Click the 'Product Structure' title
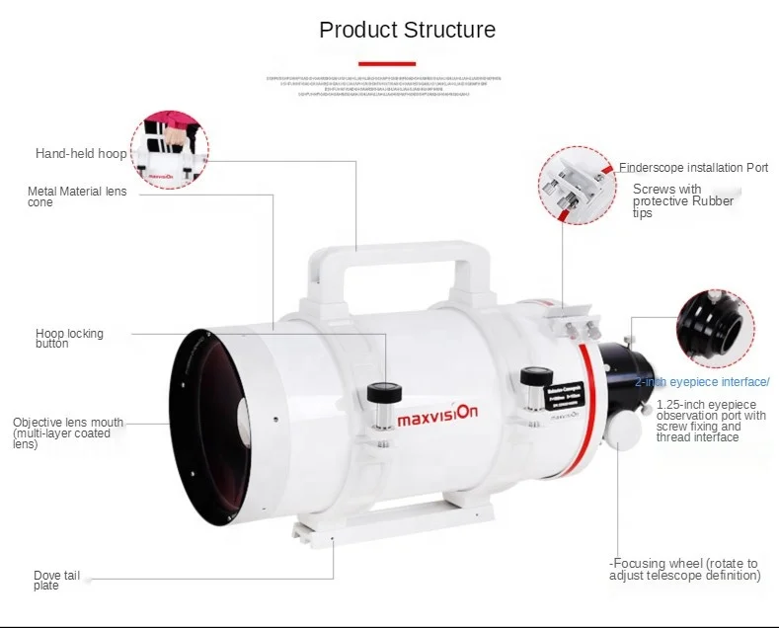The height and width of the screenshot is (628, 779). click(407, 30)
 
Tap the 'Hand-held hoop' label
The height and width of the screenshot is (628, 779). click(81, 154)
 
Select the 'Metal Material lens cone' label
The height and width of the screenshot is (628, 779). click(77, 196)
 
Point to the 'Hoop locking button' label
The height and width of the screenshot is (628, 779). click(69, 339)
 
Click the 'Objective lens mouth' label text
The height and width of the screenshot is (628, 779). click(68, 432)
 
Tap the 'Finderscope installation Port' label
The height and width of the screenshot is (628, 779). click(693, 168)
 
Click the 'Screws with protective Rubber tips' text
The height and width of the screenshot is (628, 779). click(682, 200)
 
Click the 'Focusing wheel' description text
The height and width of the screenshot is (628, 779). click(685, 569)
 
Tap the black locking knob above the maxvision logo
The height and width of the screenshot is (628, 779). click(384, 394)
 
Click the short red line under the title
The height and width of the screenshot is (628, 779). click(387, 64)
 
